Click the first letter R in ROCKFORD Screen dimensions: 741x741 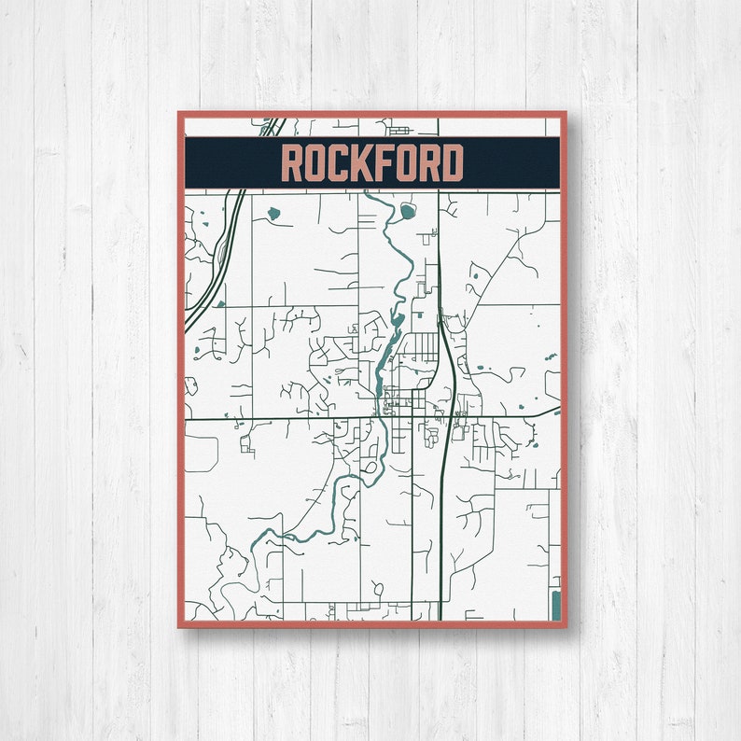293,164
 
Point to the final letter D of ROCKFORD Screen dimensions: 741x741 452,164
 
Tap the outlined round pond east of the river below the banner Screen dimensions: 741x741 408,212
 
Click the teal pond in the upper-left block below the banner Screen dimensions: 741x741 273,214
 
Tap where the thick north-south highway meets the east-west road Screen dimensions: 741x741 444,418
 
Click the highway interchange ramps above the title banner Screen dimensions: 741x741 272,125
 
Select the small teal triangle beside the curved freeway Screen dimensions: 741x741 220,302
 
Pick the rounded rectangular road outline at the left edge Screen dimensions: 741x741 202,452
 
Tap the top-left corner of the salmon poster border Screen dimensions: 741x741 179,114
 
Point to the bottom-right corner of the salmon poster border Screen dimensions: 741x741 565,625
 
